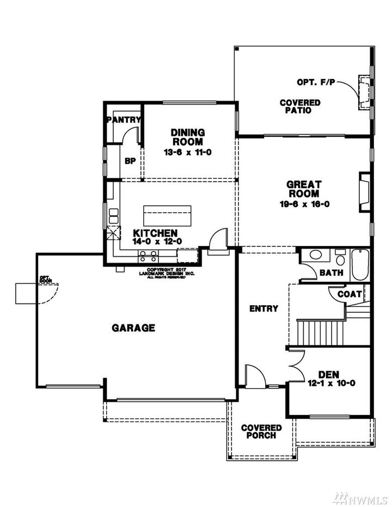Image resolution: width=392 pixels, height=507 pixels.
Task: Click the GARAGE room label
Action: coord(133,328)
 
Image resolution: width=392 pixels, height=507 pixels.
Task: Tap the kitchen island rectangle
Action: coord(167,215)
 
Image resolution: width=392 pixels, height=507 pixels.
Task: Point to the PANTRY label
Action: coord(124,120)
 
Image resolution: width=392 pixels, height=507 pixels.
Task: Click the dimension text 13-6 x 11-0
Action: coord(187,152)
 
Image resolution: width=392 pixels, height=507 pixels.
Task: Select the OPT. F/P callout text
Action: coord(315,83)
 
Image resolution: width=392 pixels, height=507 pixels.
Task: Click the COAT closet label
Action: coord(350,294)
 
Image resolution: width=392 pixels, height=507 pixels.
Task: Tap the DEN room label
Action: coord(329,374)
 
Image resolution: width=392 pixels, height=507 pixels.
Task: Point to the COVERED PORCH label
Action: coord(261,432)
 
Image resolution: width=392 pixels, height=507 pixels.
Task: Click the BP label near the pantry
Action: coord(130,161)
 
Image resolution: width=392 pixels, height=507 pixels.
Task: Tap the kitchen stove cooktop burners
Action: coord(148,254)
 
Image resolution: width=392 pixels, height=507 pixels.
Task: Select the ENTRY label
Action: coord(264,309)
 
